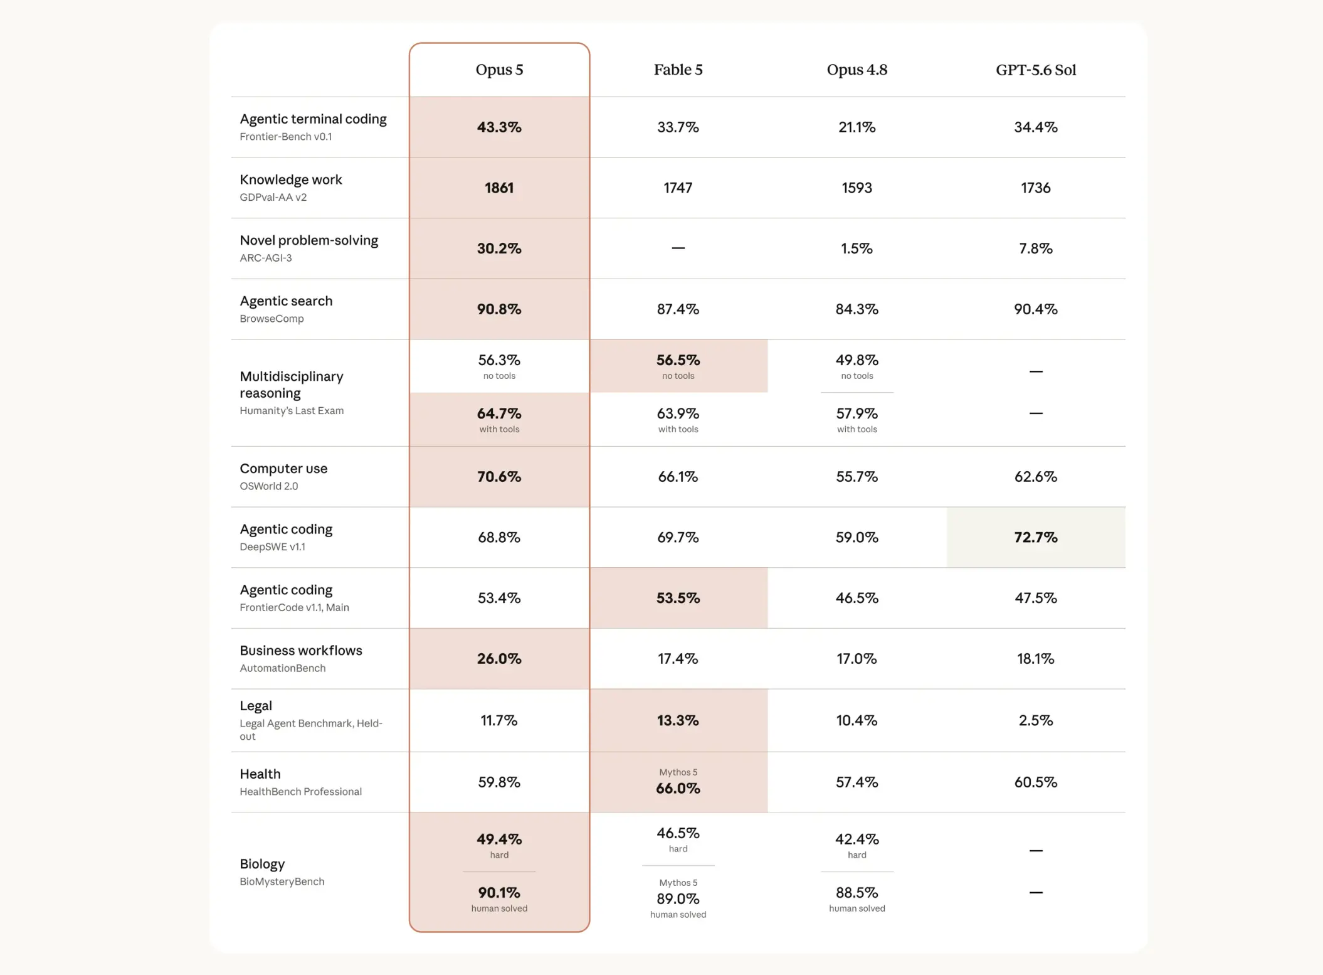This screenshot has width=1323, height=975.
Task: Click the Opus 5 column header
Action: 499,70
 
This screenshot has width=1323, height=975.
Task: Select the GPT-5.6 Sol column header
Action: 1036,70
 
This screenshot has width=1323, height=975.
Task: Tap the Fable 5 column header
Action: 678,70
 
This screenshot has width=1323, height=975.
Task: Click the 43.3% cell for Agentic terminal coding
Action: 499,127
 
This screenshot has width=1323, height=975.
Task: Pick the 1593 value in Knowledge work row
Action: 857,188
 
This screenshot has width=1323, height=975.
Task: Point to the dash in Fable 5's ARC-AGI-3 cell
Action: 678,248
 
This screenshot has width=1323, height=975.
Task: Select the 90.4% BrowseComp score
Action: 1036,309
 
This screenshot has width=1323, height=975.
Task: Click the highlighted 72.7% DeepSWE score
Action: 1036,538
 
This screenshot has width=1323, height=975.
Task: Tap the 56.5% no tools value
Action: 678,360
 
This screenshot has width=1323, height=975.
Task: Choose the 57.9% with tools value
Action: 857,414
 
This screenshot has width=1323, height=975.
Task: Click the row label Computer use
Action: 283,469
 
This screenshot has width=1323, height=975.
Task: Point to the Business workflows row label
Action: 301,651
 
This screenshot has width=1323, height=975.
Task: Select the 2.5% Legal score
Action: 1036,720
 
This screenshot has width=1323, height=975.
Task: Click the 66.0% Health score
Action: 678,789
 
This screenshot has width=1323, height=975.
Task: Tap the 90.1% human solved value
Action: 499,893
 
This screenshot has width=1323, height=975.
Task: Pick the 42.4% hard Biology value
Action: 857,839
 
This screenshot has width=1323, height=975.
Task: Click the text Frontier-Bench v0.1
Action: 286,137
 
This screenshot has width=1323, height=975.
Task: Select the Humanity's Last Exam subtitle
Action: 292,411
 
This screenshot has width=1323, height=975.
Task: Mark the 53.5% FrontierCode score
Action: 678,599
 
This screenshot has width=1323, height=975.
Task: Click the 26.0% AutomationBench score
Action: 499,659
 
